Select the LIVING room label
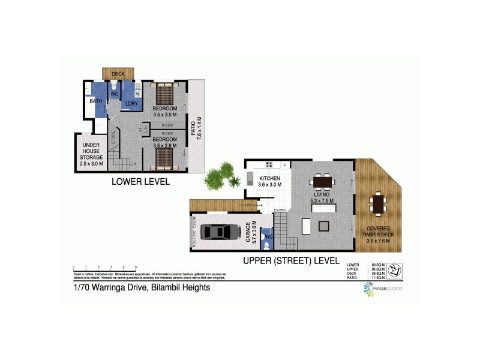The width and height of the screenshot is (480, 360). [x=323, y=196]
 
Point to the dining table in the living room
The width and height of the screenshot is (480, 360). [x=322, y=181]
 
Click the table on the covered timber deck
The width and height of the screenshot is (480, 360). [x=378, y=203]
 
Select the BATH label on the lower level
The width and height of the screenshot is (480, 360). [x=96, y=101]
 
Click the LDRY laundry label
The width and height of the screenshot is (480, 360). [x=131, y=104]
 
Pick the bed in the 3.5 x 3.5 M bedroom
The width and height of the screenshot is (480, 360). [x=164, y=95]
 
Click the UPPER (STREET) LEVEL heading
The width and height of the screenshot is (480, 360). [x=291, y=261]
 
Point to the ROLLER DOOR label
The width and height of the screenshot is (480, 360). [x=194, y=232]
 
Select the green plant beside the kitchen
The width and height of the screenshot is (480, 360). [x=220, y=175]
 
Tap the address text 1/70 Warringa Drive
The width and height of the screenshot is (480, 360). [x=142, y=287]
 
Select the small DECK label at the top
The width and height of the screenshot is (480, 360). [x=118, y=74]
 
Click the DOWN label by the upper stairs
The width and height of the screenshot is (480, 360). [x=280, y=210]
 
